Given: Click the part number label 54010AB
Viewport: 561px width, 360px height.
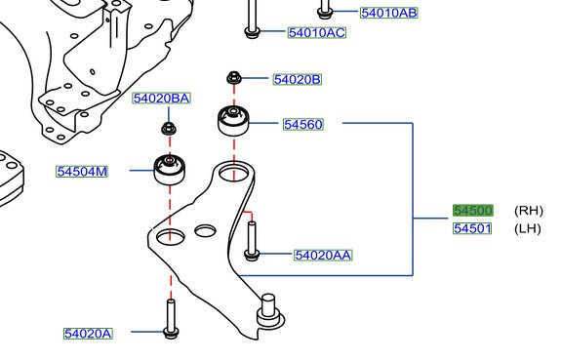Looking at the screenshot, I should (x=388, y=13).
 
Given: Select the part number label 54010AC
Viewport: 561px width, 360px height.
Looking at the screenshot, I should (x=317, y=33).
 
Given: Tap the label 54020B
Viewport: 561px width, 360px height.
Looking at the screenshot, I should (x=297, y=79).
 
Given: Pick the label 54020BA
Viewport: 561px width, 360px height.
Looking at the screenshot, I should (x=161, y=99).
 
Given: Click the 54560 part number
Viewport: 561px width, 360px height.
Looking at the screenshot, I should (x=303, y=124).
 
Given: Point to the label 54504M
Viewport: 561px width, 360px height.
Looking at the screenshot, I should (x=82, y=172).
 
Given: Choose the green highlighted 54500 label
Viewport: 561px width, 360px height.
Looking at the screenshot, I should (x=473, y=211).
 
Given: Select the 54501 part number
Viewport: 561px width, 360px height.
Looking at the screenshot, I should (x=473, y=229).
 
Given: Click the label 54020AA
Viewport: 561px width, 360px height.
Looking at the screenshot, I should (x=323, y=256).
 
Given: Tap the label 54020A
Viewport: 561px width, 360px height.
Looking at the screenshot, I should (x=88, y=334).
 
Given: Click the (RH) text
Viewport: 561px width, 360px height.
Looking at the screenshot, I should (x=528, y=211).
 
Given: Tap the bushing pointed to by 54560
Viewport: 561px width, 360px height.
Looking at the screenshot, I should (x=235, y=121).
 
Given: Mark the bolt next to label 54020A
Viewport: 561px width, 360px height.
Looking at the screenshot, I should (x=171, y=319).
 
